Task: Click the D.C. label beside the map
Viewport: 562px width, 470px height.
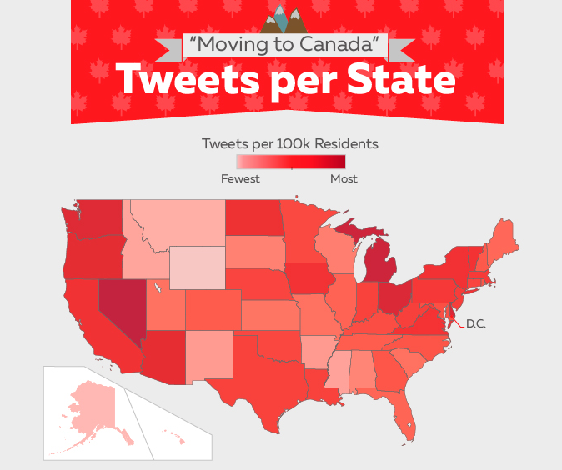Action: point(475,322)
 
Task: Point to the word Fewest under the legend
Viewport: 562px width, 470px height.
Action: point(240,178)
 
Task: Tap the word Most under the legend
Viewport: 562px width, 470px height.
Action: point(344,178)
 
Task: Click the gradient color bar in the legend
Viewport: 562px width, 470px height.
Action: point(290,162)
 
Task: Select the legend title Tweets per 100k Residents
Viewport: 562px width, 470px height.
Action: point(289,143)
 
